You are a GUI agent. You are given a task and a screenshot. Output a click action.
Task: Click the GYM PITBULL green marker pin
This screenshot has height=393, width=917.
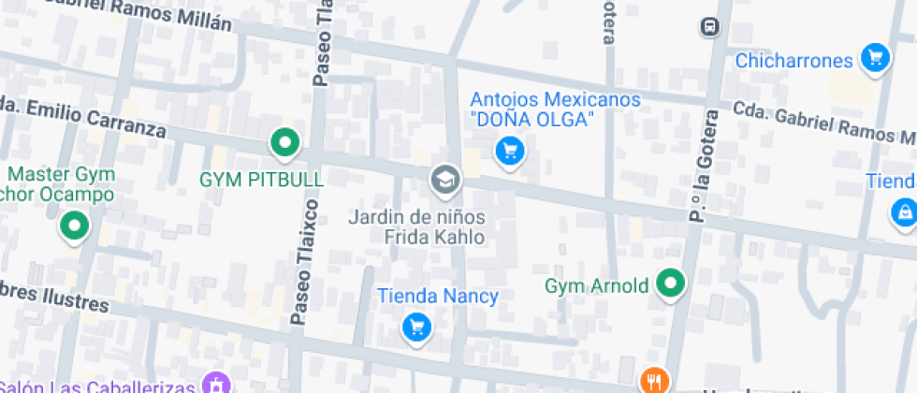click(x=284, y=143)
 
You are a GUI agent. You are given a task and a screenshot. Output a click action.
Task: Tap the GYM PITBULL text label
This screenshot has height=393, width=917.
click(x=262, y=179)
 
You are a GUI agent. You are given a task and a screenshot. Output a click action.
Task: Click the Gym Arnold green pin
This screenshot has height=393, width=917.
click(x=670, y=284)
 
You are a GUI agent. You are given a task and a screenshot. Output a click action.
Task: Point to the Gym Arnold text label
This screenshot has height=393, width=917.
click(x=597, y=285)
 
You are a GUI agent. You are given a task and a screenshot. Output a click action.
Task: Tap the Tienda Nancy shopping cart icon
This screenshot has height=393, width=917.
click(x=416, y=327)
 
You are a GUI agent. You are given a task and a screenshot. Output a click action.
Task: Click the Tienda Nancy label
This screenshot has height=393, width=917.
click(x=438, y=297)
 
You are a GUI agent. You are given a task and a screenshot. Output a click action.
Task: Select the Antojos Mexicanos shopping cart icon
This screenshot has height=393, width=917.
click(x=509, y=150)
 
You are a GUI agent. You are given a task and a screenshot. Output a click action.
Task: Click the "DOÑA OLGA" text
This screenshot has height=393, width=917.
click(x=532, y=120)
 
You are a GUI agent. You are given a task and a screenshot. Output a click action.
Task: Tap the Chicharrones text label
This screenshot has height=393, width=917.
click(x=794, y=61)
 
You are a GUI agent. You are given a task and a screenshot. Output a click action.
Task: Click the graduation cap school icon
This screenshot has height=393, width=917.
click(x=444, y=179)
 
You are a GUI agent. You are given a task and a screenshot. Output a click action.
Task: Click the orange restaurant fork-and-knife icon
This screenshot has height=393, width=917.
click(x=653, y=381)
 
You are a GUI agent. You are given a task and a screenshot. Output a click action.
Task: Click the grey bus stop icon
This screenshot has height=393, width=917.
click(x=710, y=26)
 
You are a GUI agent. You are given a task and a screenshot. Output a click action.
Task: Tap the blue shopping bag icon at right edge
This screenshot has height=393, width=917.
click(x=904, y=212)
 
